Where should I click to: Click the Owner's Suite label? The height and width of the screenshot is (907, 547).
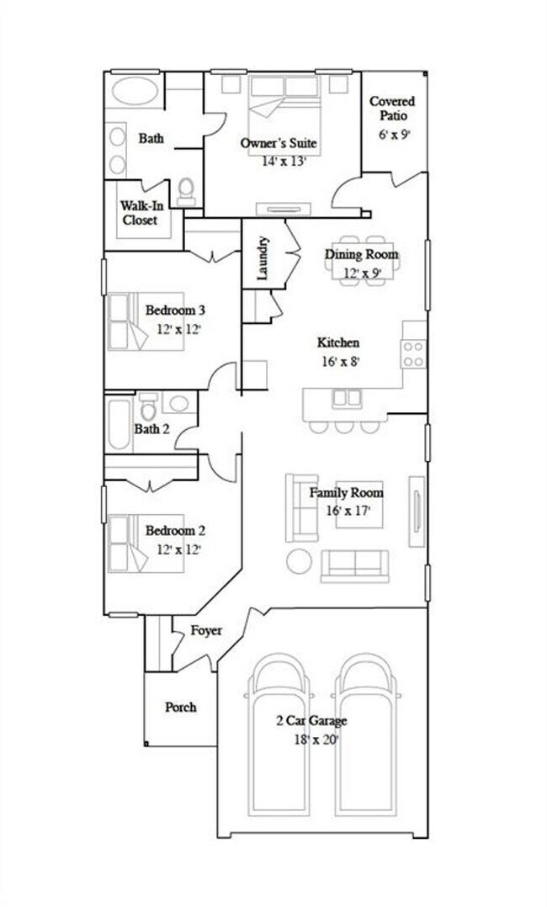[278, 144]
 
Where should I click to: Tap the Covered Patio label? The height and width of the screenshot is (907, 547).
[392, 109]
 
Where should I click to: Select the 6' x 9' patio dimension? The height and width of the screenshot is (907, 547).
[393, 134]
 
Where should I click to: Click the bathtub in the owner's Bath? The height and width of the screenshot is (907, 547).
[133, 91]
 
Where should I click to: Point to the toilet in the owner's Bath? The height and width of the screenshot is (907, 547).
[187, 190]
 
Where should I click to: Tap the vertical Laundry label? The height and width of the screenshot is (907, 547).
[263, 257]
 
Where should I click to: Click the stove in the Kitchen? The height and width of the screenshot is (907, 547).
[413, 353]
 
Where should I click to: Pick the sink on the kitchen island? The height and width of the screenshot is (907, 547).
[346, 397]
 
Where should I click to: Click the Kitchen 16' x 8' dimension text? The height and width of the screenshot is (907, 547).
[338, 362]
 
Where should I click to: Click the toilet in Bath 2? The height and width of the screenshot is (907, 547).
[149, 408]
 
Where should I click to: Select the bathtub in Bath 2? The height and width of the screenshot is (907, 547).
[117, 425]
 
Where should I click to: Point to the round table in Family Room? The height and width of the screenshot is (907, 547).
[299, 561]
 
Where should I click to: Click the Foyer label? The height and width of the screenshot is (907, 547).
[206, 630]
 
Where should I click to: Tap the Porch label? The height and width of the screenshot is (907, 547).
[180, 707]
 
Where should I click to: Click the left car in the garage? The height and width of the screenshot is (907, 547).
[278, 732]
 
